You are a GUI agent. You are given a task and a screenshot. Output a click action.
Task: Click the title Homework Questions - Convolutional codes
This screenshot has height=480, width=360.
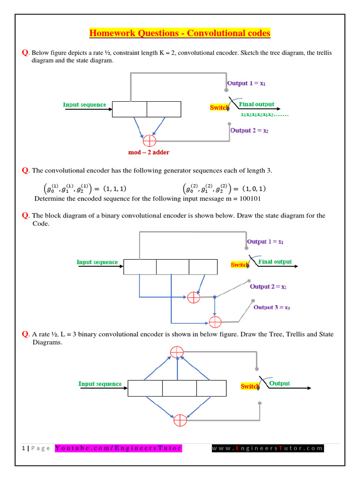tap(180, 33)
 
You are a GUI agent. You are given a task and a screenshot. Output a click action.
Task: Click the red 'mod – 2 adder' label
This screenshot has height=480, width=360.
tap(149, 153)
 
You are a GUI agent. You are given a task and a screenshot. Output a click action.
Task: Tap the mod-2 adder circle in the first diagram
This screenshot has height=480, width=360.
tap(149, 140)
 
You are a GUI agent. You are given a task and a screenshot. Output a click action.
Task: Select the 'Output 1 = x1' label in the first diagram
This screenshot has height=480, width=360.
tap(247, 83)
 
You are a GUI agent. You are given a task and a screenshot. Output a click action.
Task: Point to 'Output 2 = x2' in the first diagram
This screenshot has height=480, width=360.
tap(249, 131)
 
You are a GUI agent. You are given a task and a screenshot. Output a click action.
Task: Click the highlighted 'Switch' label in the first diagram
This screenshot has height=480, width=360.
tap(219, 108)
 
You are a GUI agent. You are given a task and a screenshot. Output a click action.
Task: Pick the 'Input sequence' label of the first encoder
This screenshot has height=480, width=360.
tap(84, 105)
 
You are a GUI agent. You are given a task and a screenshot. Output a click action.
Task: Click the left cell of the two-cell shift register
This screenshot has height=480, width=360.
tap(129, 109)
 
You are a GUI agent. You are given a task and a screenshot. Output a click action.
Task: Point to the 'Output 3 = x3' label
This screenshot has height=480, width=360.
tap(272, 307)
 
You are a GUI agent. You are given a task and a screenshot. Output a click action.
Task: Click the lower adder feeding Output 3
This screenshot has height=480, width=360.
tap(215, 322)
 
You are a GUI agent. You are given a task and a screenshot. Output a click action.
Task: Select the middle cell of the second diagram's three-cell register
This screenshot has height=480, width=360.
tap(172, 267)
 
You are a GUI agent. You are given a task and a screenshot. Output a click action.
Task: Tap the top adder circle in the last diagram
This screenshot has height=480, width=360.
tap(177, 352)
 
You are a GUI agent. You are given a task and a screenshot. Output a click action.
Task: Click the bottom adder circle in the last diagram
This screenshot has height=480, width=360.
tap(180, 420)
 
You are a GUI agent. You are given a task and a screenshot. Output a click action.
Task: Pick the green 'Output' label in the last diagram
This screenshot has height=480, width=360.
tap(279, 383)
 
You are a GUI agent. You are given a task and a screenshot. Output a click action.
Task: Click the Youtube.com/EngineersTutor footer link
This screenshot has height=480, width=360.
tap(118, 448)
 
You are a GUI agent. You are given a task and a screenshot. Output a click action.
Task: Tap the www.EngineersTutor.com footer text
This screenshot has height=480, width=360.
tap(267, 448)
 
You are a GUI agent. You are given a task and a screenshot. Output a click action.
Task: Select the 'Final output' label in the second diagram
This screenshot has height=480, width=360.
tap(275, 262)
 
